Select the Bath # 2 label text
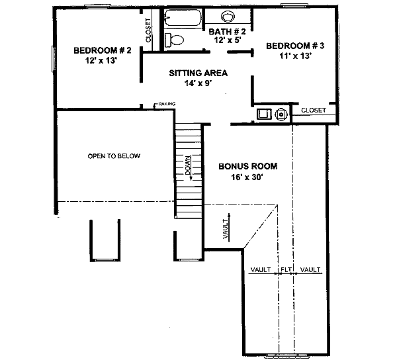tap(227, 31)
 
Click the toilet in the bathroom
tap(173, 40)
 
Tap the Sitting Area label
tap(198, 73)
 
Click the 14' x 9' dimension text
tap(198, 83)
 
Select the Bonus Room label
tap(247, 167)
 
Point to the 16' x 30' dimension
tap(247, 177)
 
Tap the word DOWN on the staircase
tap(188, 166)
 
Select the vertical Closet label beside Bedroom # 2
tap(148, 30)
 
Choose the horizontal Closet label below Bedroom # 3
tap(313, 111)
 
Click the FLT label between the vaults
tap(286, 270)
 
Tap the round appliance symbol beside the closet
tap(281, 114)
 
